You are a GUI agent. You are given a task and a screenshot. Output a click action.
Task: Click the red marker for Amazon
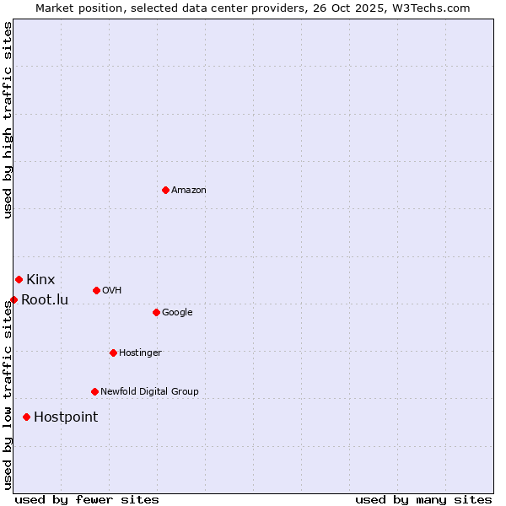pyautogui.click(x=165, y=190)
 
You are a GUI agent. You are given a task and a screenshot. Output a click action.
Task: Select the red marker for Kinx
pyautogui.click(x=19, y=279)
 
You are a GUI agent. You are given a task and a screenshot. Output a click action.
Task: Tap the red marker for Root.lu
pyautogui.click(x=13, y=299)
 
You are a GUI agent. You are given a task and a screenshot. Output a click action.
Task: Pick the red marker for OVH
pyautogui.click(x=96, y=290)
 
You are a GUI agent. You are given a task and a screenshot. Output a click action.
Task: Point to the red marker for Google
pyautogui.click(x=156, y=312)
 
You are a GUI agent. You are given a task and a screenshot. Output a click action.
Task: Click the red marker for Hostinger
pyautogui.click(x=113, y=353)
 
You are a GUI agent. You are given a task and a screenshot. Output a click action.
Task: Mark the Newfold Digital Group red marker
pyautogui.click(x=94, y=391)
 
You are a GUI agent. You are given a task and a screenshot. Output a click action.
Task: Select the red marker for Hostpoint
pyautogui.click(x=27, y=417)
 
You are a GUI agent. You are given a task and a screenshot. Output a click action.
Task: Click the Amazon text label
pyautogui.click(x=189, y=191)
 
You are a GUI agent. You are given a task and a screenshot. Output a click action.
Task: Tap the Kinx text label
pyautogui.click(x=40, y=280)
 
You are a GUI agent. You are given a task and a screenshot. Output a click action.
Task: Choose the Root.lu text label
pyautogui.click(x=45, y=300)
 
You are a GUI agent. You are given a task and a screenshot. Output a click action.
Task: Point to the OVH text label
pyautogui.click(x=112, y=291)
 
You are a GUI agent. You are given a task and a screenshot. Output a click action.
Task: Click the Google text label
pyautogui.click(x=177, y=313)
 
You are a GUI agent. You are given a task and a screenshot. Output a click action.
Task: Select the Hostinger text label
pyautogui.click(x=140, y=353)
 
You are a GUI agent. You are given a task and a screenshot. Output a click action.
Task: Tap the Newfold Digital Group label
pyautogui.click(x=149, y=392)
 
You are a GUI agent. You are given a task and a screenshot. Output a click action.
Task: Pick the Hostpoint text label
pyautogui.click(x=66, y=417)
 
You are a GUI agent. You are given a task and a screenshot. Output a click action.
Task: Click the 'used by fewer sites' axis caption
pyautogui.click(x=87, y=499)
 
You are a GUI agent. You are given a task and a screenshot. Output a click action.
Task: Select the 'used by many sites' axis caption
pyautogui.click(x=423, y=499)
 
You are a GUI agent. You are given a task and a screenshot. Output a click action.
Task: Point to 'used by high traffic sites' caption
pyautogui.click(x=8, y=120)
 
